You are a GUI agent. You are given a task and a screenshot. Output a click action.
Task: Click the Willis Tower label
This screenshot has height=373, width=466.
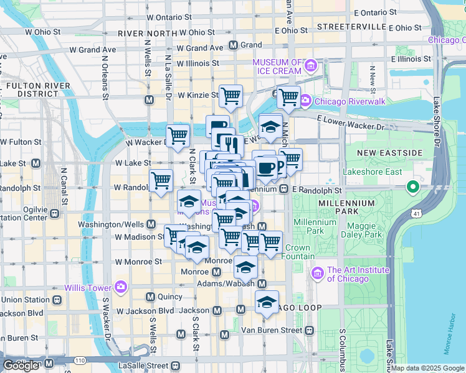[x=87, y=288]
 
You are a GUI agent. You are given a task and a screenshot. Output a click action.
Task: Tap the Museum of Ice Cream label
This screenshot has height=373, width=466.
[x=277, y=67]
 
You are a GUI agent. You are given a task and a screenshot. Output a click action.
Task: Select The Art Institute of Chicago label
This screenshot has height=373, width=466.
[x=358, y=274]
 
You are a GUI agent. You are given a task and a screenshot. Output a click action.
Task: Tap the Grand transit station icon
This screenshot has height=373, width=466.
[x=234, y=45]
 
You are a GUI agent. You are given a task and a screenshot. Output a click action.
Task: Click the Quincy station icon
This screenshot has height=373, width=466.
[x=150, y=297]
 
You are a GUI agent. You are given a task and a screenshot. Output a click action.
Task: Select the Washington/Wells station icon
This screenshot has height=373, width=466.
[x=150, y=224]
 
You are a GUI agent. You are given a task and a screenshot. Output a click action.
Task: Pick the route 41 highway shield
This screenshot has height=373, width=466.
[x=414, y=214]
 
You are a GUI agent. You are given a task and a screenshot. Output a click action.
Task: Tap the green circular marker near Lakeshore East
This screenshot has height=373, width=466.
[x=412, y=186]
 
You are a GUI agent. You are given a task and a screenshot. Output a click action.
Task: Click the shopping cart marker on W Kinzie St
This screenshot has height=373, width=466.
[x=231, y=96]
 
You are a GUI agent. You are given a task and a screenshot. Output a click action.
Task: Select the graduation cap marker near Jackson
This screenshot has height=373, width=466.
[x=267, y=303]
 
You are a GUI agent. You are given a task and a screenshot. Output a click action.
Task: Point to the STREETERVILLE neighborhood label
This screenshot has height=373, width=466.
[x=351, y=27]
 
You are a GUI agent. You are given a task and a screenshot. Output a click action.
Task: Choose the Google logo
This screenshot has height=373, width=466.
[x=21, y=366]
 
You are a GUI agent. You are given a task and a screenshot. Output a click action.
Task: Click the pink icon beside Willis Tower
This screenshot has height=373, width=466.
[x=121, y=288]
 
